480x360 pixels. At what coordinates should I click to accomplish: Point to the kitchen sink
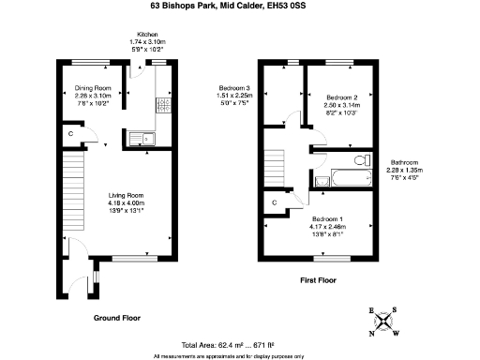[140, 139]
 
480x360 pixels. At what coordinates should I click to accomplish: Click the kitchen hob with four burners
[160, 105]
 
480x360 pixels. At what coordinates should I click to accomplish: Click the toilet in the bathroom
[360, 157]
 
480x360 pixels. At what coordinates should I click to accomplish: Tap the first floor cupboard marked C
[275, 202]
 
